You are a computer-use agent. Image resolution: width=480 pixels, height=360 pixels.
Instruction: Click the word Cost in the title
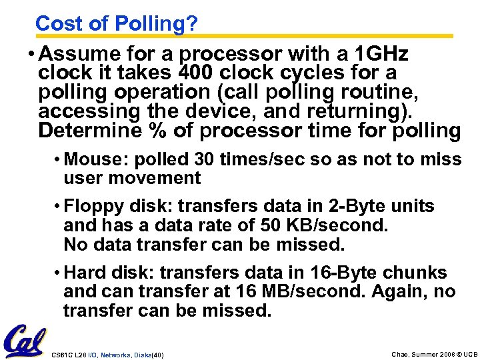pos(57,24)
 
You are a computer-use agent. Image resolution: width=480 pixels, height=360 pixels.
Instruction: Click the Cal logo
pos(25,341)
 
